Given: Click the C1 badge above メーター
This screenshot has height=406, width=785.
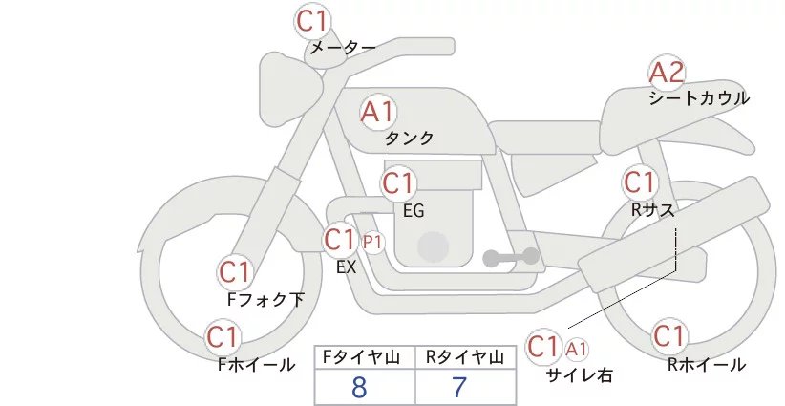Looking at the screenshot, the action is [311, 21].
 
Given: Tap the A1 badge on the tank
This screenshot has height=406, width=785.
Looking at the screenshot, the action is [377, 112].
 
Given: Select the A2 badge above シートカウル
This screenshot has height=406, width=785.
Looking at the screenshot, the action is [667, 73].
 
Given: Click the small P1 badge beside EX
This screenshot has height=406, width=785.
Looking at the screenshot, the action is [372, 243].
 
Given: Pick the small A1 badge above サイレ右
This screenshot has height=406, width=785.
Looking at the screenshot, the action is [576, 350].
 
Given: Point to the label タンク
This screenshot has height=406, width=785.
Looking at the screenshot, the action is [409, 139].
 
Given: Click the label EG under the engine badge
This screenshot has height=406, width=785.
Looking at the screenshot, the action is [414, 211].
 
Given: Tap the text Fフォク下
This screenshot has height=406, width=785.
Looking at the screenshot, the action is [265, 299].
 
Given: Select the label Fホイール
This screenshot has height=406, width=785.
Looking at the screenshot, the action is [256, 365].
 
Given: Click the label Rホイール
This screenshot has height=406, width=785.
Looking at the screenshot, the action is [707, 365].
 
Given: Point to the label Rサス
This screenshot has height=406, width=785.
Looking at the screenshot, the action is [652, 210].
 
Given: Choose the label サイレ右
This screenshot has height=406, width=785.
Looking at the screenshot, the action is [580, 375].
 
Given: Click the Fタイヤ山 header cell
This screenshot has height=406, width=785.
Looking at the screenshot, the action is [365, 357].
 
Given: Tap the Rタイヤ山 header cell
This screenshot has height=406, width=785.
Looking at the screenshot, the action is [466, 357].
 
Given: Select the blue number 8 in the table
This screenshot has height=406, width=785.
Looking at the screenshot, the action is [359, 387].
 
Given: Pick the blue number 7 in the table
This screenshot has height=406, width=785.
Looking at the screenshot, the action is [459, 387].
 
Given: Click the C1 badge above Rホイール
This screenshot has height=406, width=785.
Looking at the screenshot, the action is [668, 336].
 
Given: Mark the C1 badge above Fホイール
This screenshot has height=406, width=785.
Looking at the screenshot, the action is [222, 337].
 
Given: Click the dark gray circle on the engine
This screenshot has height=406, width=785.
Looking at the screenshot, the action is [433, 247].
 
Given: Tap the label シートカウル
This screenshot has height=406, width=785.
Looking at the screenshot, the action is [699, 98].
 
